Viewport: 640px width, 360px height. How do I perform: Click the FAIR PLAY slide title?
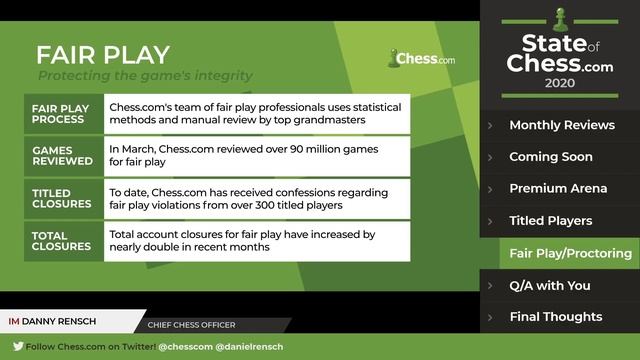coord(103,54)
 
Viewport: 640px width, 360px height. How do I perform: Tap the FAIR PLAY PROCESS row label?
coord(61,113)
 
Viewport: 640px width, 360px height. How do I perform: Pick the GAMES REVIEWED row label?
coord(63,155)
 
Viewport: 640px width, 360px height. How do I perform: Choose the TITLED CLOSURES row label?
coord(62,197)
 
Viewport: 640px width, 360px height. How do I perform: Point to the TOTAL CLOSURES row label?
coord(62,240)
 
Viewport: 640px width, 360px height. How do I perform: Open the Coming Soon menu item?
coord(550,157)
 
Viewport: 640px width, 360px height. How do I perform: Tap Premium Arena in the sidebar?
coord(557,189)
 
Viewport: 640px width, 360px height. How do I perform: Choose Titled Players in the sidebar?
coord(550,221)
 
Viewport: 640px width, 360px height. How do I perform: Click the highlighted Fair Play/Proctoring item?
coord(570,253)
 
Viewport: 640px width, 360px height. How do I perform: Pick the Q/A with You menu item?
coord(549,285)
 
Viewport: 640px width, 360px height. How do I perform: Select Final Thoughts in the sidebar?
coord(555,317)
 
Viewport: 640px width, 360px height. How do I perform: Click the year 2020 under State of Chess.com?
coord(559,85)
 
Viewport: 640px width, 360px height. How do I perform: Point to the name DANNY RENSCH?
coord(66,322)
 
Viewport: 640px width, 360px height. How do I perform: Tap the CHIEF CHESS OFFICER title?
coord(191,324)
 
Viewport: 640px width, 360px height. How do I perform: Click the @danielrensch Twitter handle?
coord(251,346)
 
